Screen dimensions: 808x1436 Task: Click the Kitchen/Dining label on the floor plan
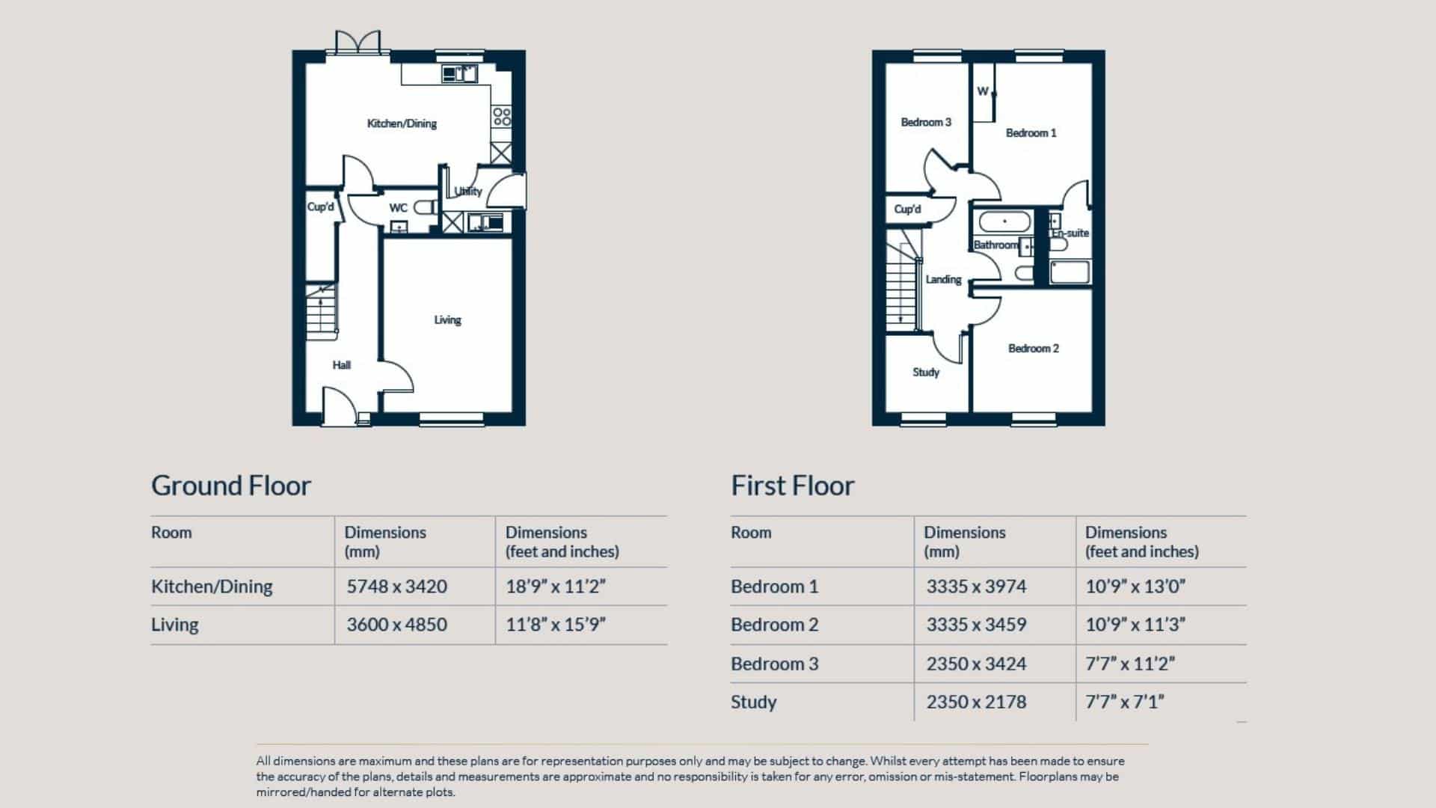pos(402,123)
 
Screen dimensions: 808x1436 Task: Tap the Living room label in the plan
pos(447,320)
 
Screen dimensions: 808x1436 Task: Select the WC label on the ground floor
pos(398,208)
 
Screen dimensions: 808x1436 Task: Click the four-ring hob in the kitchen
pos(502,116)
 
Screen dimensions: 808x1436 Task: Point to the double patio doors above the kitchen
pos(358,42)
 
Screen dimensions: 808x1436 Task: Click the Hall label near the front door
pos(341,365)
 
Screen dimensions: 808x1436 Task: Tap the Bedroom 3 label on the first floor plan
pos(926,122)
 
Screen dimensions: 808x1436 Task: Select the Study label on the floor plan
pos(925,373)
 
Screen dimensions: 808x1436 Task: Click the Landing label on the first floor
pos(943,280)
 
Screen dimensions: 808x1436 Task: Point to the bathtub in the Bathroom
pos(1004,222)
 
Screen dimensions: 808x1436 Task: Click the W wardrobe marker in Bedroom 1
pos(983,91)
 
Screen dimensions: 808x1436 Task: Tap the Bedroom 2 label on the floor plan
pos(1033,349)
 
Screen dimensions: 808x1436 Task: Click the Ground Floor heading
pos(230,486)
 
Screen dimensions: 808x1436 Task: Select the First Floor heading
pos(792,486)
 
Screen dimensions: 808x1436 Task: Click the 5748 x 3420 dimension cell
pos(396,587)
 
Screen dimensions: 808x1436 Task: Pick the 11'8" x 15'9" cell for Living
pos(555,625)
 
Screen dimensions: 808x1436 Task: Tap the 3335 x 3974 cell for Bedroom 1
pos(976,587)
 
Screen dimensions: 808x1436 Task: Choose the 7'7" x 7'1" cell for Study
pos(1124,702)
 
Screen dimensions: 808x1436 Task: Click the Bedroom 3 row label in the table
pos(774,664)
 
